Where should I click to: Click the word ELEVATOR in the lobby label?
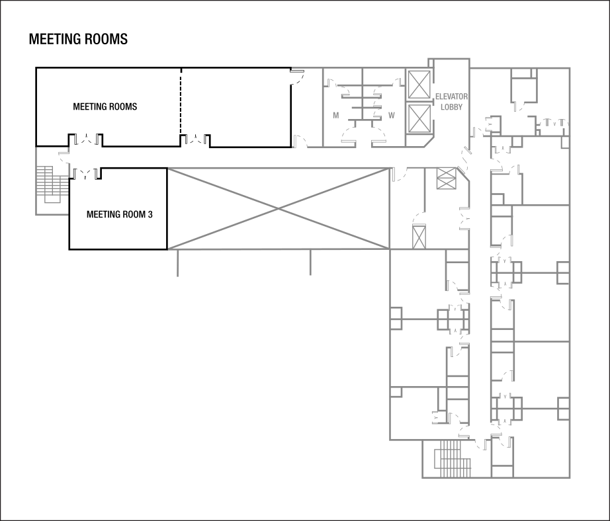pyautogui.click(x=451, y=97)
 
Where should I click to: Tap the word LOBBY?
pyautogui.click(x=451, y=107)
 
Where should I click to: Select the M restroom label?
pyautogui.click(x=336, y=115)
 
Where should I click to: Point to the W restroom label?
pyautogui.click(x=392, y=115)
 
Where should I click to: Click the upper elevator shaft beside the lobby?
pyautogui.click(x=419, y=85)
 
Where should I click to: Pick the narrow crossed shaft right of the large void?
pyautogui.click(x=419, y=236)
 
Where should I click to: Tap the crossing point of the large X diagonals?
pyautogui.click(x=279, y=208)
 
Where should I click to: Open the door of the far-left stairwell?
pyautogui.click(x=64, y=153)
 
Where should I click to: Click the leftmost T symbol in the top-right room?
pyautogui.click(x=548, y=122)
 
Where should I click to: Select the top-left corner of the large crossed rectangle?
pyautogui.click(x=169, y=169)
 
